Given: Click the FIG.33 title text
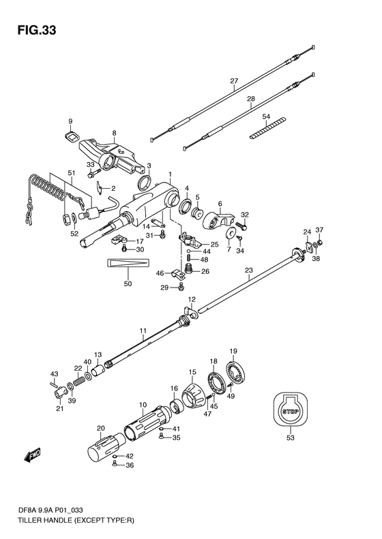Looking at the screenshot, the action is pyautogui.click(x=36, y=31).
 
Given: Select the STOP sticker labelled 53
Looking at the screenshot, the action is pyautogui.click(x=291, y=412).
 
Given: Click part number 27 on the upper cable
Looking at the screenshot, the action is pyautogui.click(x=234, y=81).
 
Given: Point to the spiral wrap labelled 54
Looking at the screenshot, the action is pyautogui.click(x=267, y=128).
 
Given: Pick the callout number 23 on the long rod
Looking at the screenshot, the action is pyautogui.click(x=248, y=271).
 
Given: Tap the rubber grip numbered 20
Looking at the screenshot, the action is pyautogui.click(x=106, y=447).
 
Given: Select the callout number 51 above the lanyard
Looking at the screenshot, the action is pyautogui.click(x=71, y=173).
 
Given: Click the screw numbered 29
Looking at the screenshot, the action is pyautogui.click(x=181, y=286).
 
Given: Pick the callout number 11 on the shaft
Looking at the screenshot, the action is pyautogui.click(x=143, y=330).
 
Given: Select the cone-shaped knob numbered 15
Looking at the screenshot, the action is pyautogui.click(x=194, y=395).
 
